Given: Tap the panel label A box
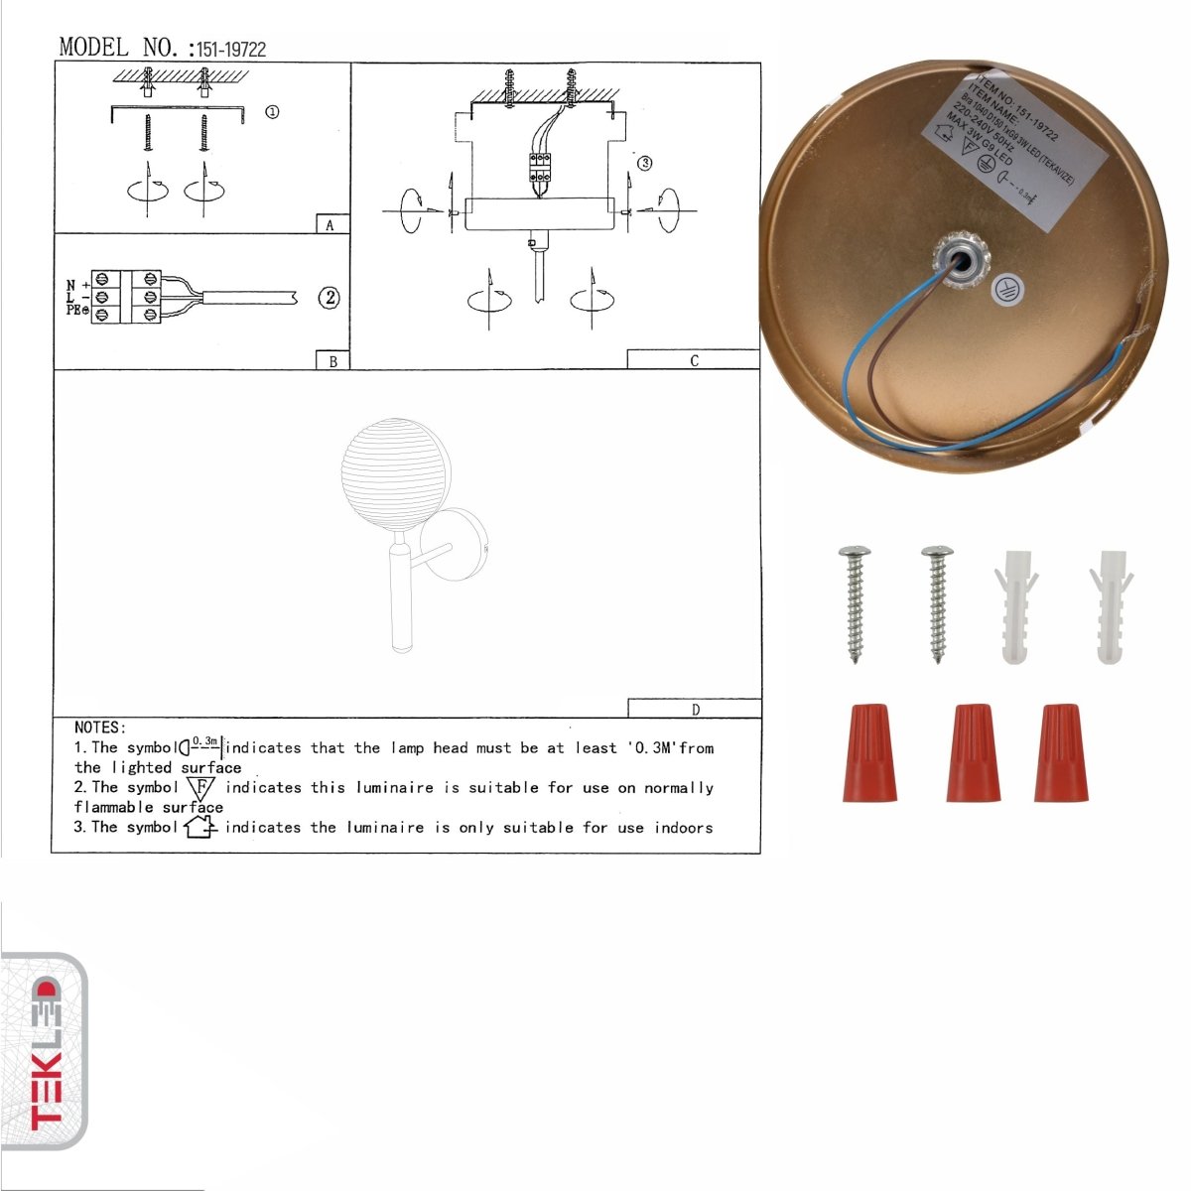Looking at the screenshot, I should click(x=331, y=224).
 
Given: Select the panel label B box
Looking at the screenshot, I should click(x=332, y=361).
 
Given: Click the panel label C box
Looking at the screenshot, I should click(x=693, y=360).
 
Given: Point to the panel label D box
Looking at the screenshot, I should click(x=695, y=709).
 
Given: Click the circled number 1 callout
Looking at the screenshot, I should click(x=272, y=112).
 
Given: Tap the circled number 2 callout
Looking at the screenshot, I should click(x=330, y=297).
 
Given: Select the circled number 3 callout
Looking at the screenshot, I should click(x=644, y=163).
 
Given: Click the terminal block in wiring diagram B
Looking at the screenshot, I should click(x=126, y=297).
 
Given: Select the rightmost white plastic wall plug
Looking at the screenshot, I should click(x=1110, y=604).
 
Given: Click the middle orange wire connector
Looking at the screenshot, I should click(x=972, y=753).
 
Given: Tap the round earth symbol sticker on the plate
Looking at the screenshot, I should click(x=1009, y=287).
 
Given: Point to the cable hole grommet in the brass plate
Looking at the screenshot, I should click(x=960, y=261).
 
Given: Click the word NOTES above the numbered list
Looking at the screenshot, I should click(x=99, y=728).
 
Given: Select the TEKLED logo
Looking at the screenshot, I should click(x=45, y=1052).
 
